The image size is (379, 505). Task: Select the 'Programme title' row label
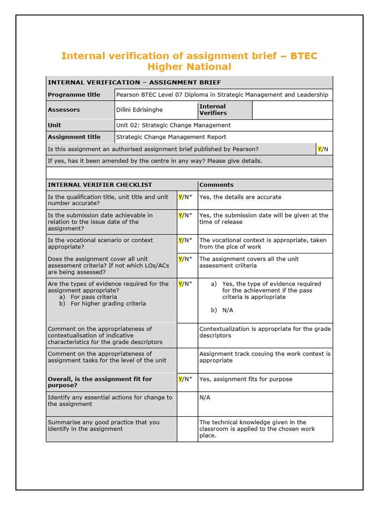(74, 95)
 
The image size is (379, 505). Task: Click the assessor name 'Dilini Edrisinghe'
(139, 110)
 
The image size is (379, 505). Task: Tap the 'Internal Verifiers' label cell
(213, 109)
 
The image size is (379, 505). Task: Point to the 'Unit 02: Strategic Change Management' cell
(173, 125)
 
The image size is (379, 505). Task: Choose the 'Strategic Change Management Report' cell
(171, 137)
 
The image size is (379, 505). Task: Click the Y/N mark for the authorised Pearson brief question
(323, 149)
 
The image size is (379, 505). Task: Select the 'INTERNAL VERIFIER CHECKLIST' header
(100, 185)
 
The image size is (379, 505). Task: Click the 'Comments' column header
(216, 185)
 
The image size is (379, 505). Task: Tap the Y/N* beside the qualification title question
(186, 197)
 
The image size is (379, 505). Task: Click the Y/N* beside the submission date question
(186, 216)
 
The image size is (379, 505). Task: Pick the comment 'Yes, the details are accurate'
(240, 197)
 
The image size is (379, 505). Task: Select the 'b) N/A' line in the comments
(222, 310)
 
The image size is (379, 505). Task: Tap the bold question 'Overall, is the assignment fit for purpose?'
(99, 382)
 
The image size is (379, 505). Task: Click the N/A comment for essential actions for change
(205, 397)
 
